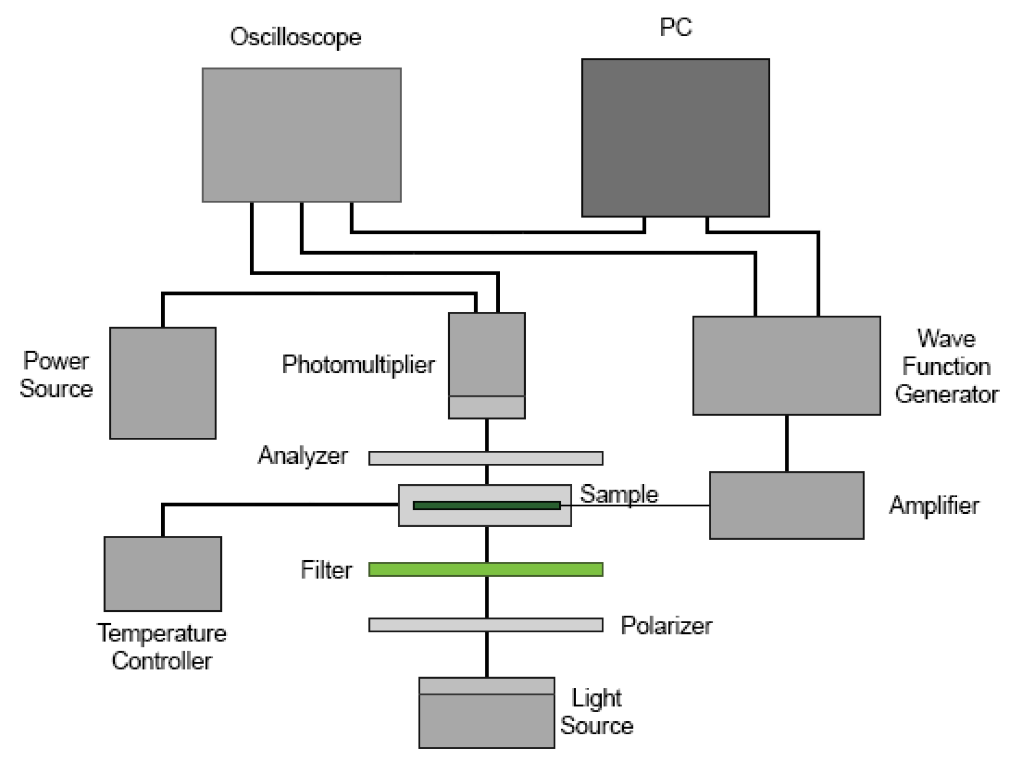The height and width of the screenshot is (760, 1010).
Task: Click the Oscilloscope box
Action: click(x=301, y=135)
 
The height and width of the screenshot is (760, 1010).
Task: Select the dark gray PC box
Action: click(x=675, y=138)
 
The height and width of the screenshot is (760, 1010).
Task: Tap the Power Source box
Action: click(x=163, y=383)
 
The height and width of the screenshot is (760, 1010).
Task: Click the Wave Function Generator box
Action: click(x=786, y=365)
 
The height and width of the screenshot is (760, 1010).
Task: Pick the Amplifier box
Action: click(x=786, y=505)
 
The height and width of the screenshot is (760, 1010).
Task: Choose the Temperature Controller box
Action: click(x=163, y=573)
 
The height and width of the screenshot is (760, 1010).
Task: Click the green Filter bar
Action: click(x=485, y=569)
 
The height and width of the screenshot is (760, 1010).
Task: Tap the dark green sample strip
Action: click(x=486, y=505)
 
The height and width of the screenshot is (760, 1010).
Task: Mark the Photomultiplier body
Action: click(x=486, y=355)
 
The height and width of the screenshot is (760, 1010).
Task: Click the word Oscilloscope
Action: click(x=295, y=37)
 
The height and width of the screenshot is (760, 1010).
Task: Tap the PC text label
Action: click(x=675, y=27)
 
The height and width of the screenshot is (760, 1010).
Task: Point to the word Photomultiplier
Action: click(x=358, y=365)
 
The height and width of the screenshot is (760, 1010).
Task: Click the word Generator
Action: click(x=946, y=394)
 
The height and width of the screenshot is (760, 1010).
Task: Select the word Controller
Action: click(x=162, y=661)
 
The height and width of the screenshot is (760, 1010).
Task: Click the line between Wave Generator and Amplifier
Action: click(x=786, y=443)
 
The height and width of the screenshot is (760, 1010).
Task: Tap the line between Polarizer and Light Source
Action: click(x=487, y=654)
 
